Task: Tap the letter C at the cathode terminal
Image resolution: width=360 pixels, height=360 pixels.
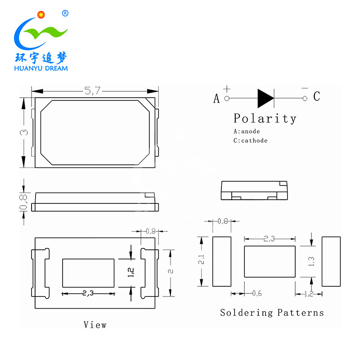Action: (x=317, y=96)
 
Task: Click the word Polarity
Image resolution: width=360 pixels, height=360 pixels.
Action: (x=265, y=119)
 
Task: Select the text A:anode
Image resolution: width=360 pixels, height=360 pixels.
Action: (x=247, y=131)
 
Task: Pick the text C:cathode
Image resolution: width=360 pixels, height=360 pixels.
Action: (x=250, y=140)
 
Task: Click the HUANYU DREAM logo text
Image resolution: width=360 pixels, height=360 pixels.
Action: (x=41, y=68)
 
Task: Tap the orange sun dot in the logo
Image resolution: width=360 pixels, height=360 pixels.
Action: (x=40, y=14)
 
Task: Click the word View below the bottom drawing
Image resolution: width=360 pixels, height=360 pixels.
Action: (x=95, y=324)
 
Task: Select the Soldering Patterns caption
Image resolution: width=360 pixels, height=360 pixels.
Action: (x=272, y=312)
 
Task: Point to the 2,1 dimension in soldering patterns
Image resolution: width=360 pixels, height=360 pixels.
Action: (x=202, y=259)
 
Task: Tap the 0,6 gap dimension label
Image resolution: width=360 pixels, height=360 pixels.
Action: (x=256, y=293)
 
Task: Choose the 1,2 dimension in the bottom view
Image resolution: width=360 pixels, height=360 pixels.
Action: (x=131, y=273)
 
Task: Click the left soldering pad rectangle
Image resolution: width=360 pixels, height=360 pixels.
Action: (x=221, y=261)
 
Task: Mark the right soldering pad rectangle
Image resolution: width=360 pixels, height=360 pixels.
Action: (x=331, y=261)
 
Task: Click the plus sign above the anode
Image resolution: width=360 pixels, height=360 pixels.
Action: (x=227, y=89)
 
